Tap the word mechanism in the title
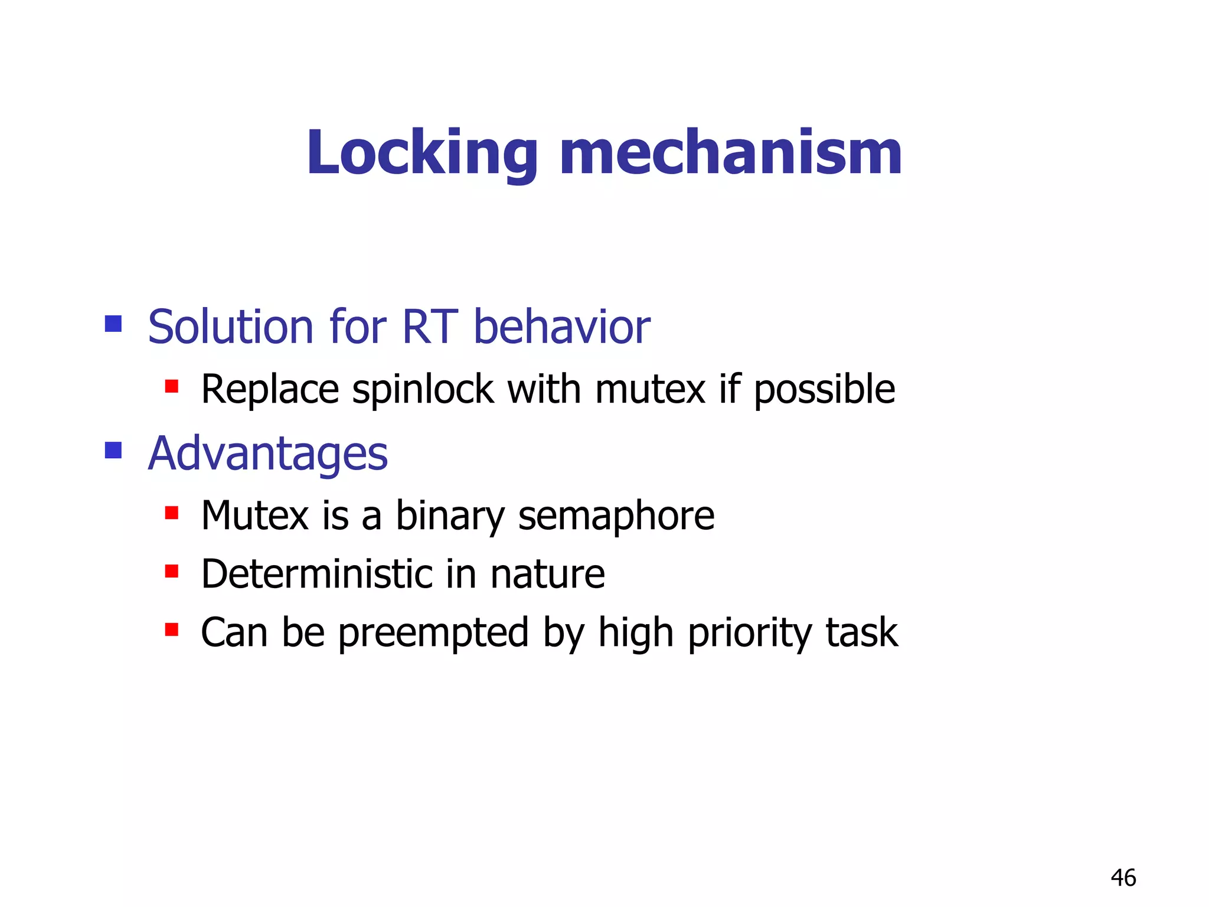(730, 154)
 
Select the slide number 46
(1123, 878)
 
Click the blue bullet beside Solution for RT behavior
(113, 324)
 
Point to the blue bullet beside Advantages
(113, 451)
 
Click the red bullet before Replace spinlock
(172, 387)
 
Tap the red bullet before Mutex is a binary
(172, 513)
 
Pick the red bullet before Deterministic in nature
(172, 572)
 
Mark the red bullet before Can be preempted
(172, 630)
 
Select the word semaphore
(616, 516)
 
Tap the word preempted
(433, 633)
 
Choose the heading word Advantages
(268, 453)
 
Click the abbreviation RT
(429, 327)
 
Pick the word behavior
(561, 327)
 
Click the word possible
(824, 390)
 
